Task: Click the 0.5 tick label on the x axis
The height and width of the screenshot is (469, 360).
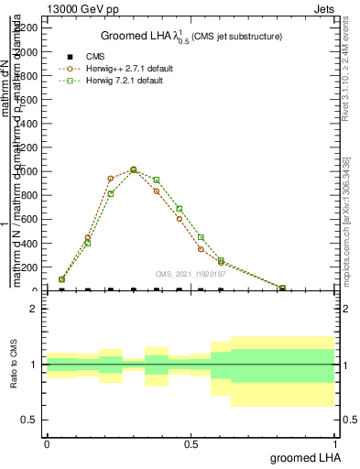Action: [x=191, y=443]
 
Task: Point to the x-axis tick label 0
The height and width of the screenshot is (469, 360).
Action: [x=47, y=443]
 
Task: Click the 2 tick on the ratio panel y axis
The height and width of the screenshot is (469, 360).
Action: [x=34, y=309]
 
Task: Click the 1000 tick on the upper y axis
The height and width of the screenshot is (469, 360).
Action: [x=27, y=171]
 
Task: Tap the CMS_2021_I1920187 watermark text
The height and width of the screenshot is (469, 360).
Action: [x=190, y=273]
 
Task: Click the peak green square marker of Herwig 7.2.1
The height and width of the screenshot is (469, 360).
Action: [x=134, y=170]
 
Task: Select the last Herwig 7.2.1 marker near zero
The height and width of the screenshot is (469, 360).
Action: [x=282, y=288]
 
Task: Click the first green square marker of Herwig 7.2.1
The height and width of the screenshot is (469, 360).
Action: [x=61, y=279]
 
